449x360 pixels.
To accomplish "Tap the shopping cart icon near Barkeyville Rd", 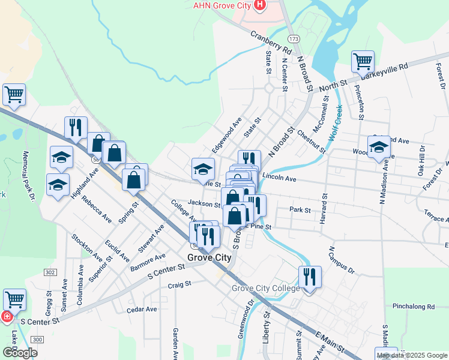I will pos(363,61).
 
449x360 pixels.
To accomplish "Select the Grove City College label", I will pos(265,289).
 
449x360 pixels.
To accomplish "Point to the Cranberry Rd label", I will pos(271,41).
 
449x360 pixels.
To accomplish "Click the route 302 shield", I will pos(47,272).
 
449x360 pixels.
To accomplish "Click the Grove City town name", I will pos(209,257).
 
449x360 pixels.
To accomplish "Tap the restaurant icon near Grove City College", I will pos(310,277).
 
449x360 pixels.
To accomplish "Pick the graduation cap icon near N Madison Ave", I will pos(379,147).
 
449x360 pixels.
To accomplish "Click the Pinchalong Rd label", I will pos(414,306).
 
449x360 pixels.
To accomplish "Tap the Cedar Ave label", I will pos(142,310).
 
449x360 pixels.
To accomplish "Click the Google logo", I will pos(20,353).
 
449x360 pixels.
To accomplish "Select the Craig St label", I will pos(179,284).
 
